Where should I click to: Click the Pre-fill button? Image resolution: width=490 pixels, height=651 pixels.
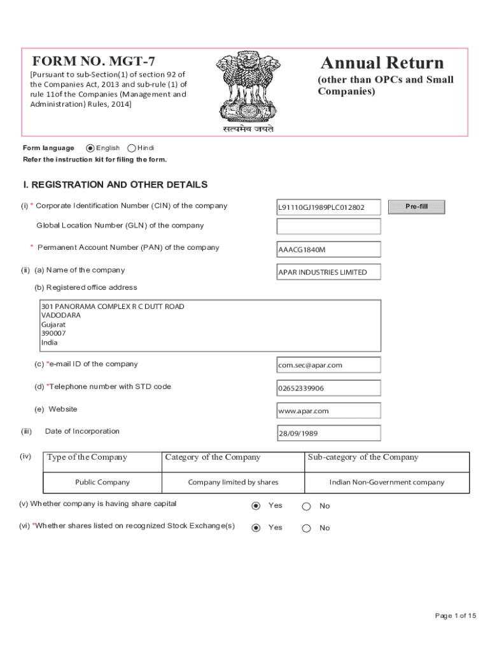(416, 207)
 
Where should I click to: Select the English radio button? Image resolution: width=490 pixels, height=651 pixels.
(90, 148)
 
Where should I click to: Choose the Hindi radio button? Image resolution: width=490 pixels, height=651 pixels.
(131, 148)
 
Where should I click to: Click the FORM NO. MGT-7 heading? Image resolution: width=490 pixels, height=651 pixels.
(94, 62)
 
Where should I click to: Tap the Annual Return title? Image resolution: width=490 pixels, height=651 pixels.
(382, 63)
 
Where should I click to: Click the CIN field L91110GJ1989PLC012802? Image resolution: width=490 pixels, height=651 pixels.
(328, 207)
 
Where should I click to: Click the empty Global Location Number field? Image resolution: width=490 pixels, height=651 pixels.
(328, 226)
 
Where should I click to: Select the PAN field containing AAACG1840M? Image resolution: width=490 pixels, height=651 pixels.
(328, 249)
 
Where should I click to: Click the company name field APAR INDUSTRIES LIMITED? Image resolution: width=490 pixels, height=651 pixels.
(328, 272)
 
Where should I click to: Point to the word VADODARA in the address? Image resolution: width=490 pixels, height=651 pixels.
(61, 315)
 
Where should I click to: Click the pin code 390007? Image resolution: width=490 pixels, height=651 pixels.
(53, 333)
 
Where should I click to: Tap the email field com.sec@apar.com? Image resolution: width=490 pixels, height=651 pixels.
(328, 365)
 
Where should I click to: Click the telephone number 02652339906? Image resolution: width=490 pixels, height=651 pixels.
(328, 388)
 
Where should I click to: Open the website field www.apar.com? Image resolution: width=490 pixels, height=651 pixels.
(328, 411)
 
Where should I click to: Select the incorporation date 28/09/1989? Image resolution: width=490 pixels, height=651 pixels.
(328, 434)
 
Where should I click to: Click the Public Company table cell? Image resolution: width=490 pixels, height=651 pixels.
(102, 482)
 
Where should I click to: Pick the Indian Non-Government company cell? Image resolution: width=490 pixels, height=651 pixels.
(386, 482)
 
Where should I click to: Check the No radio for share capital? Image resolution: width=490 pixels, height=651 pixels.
(306, 507)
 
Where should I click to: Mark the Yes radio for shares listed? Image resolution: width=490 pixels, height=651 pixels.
(256, 528)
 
